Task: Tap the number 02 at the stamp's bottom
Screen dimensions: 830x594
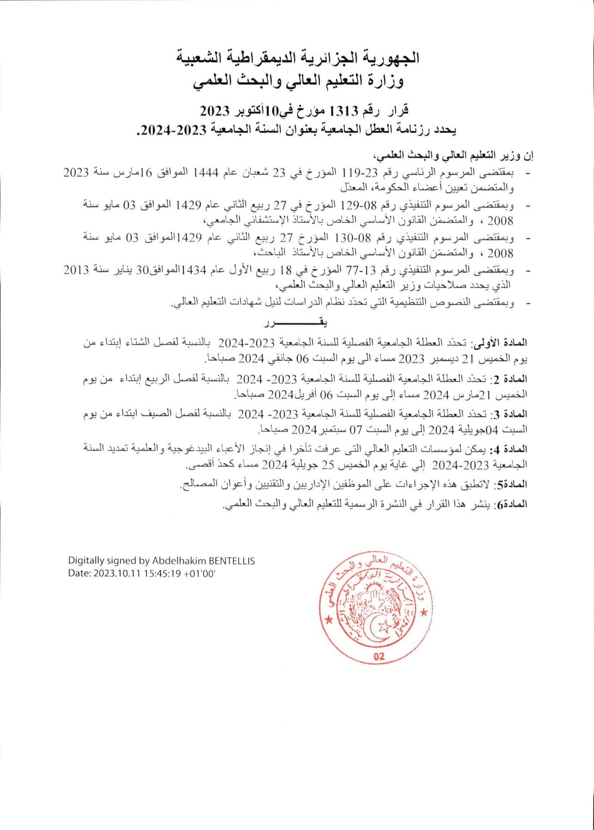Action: pos(379,656)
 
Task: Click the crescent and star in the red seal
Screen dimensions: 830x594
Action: pos(379,626)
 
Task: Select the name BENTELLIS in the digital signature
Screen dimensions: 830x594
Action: pos(232,561)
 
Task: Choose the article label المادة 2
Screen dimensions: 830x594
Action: pos(509,379)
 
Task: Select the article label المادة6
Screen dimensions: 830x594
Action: pos(511,505)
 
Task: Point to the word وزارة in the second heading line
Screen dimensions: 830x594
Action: pos(386,81)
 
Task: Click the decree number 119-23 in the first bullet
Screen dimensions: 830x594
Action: pos(360,173)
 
